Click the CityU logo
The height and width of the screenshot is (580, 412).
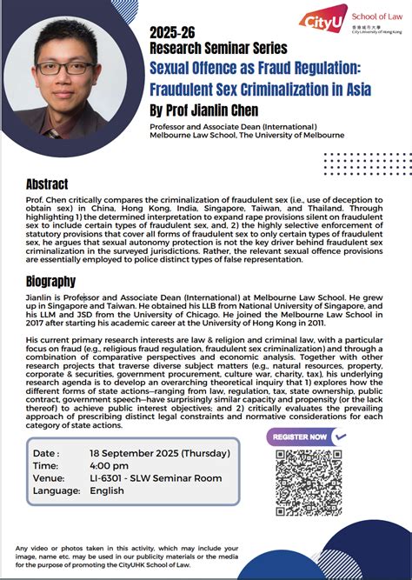[322, 20]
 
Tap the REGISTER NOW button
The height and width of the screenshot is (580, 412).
[300, 437]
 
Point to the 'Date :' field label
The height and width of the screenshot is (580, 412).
[47, 453]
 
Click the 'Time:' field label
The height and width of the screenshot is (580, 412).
[46, 466]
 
